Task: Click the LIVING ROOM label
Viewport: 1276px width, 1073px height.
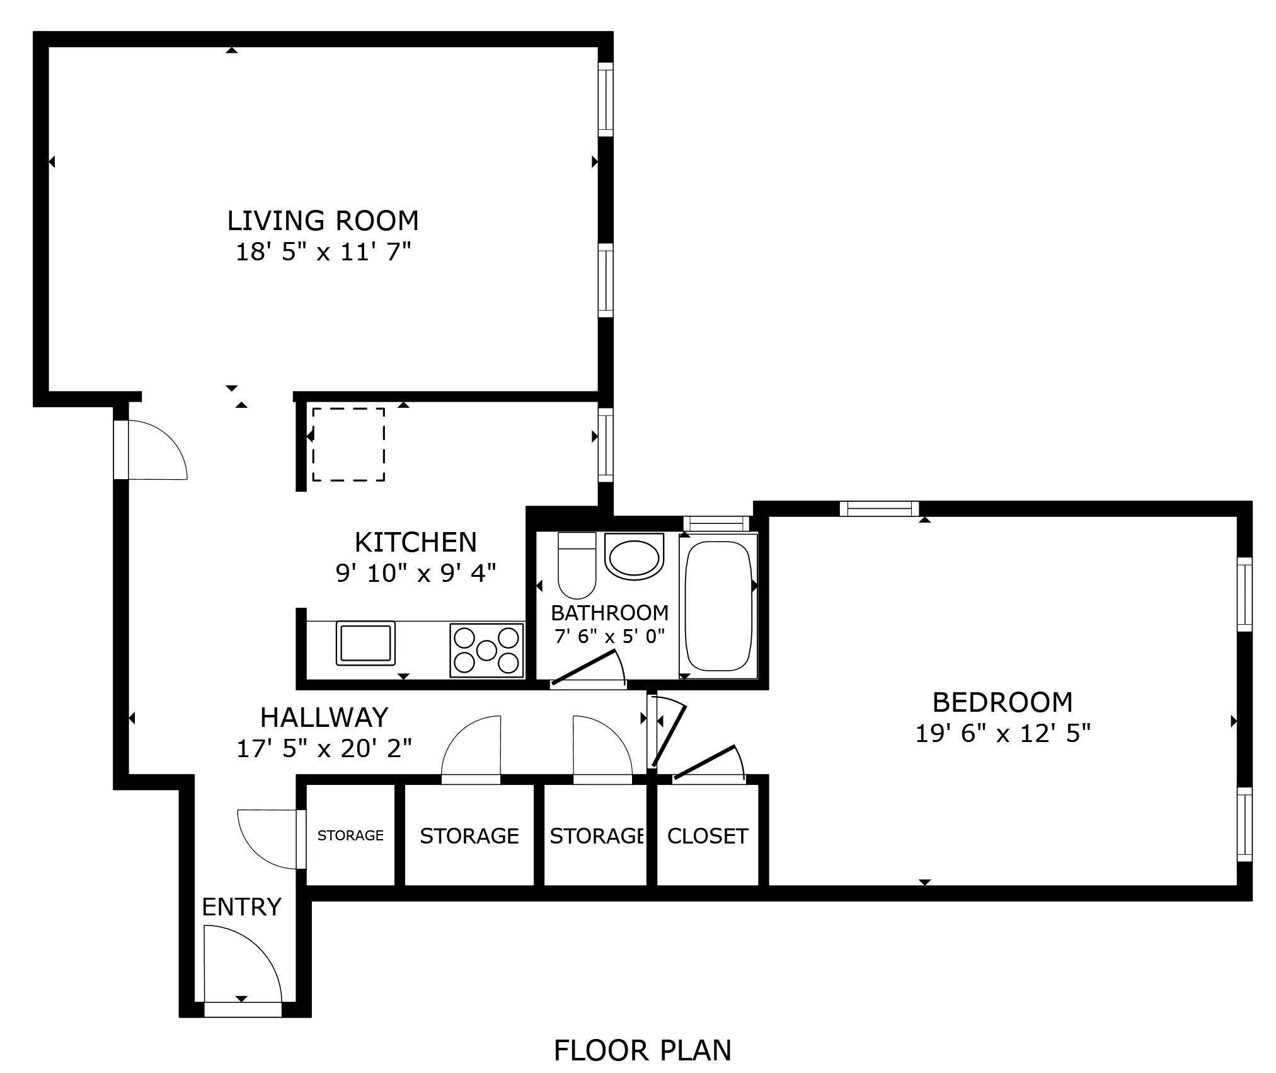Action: point(323,221)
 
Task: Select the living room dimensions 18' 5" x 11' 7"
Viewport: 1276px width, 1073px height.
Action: point(323,252)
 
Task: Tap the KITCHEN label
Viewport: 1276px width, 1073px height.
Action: point(415,542)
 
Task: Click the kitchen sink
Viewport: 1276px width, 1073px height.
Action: point(365,642)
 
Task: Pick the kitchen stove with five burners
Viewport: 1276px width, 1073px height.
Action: point(486,650)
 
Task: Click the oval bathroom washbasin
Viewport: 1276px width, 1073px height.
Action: point(634,556)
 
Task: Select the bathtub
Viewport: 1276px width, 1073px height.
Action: point(718,606)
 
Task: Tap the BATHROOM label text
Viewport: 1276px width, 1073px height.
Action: point(609,613)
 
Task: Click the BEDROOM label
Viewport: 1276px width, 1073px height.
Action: point(1002,702)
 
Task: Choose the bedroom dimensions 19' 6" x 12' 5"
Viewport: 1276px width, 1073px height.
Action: point(1002,733)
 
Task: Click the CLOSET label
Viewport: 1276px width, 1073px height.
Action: point(707,836)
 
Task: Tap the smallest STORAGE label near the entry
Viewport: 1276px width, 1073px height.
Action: point(350,835)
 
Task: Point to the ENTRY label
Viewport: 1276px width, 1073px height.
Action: point(241,907)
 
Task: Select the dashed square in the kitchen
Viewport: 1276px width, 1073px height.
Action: point(348,444)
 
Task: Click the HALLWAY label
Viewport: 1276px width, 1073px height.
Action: point(324,717)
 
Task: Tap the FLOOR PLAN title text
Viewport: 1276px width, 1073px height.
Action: point(642,1050)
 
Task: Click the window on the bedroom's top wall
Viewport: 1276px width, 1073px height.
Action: point(879,508)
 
